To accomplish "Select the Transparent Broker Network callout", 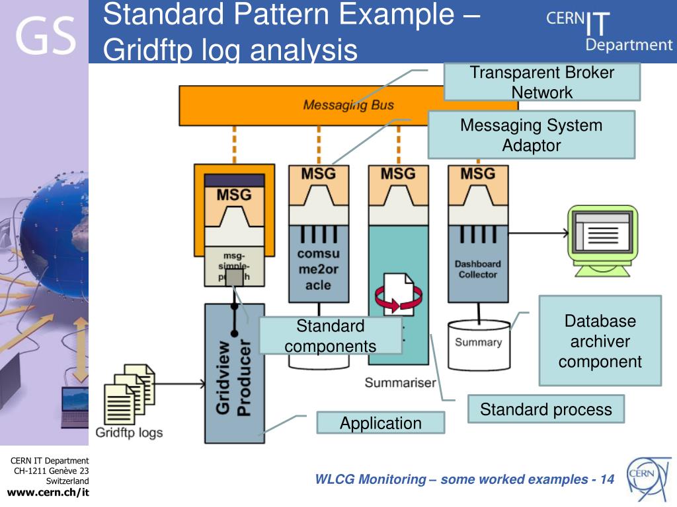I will pyautogui.click(x=541, y=82).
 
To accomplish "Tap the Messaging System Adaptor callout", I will pyautogui.click(x=531, y=135).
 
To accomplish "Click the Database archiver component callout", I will pyautogui.click(x=600, y=341).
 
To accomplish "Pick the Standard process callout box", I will pyautogui.click(x=545, y=409).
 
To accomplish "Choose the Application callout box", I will pyautogui.click(x=380, y=423).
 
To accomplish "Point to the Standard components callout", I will pyautogui.click(x=330, y=335).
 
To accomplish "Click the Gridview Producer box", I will pyautogui.click(x=235, y=374).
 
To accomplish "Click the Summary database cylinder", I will pyautogui.click(x=479, y=343).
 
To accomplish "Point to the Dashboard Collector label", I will pyautogui.click(x=477, y=269).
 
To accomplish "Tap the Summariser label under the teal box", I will pyautogui.click(x=400, y=383).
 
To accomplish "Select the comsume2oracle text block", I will pyautogui.click(x=319, y=269).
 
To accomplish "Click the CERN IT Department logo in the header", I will pyautogui.click(x=608, y=30).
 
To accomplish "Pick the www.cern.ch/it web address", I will pyautogui.click(x=48, y=492).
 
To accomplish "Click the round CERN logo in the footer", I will pyautogui.click(x=647, y=477).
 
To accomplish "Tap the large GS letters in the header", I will pyautogui.click(x=45, y=36).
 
